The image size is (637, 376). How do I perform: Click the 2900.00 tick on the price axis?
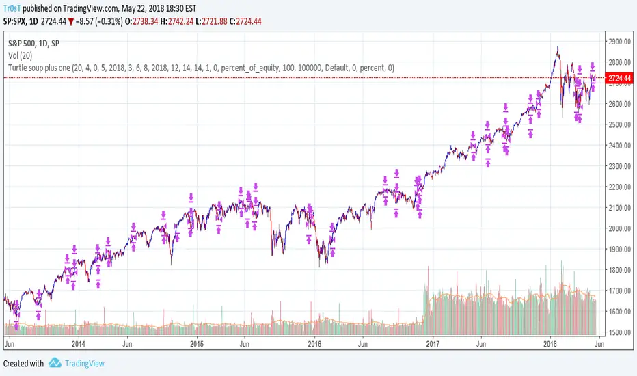[618, 42]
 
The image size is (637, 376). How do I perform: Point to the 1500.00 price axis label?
[618, 332]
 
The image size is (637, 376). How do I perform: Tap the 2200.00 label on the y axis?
[618, 187]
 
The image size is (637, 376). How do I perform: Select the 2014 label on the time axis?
[78, 345]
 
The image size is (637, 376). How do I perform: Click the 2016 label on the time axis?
[314, 345]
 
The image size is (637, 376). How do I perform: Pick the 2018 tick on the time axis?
[550, 345]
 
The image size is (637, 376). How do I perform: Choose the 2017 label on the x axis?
[432, 345]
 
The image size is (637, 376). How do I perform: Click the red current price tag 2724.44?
[619, 79]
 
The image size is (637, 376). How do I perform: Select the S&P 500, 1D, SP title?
[38, 42]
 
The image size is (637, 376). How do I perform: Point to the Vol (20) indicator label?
[24, 55]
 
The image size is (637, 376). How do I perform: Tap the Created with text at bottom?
[23, 364]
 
